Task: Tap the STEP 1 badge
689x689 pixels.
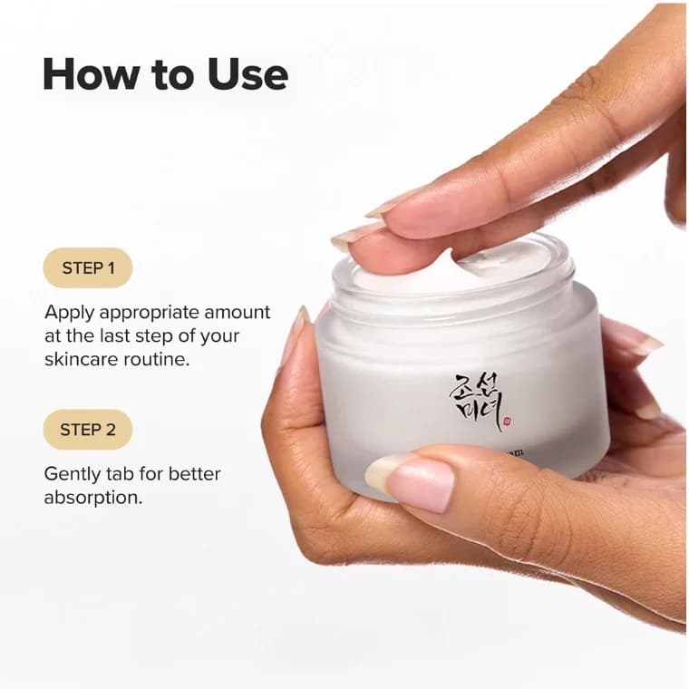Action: [x=88, y=267]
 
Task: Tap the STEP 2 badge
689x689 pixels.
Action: [x=88, y=430]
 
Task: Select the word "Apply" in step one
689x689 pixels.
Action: [x=69, y=313]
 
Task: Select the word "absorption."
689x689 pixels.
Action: [x=92, y=498]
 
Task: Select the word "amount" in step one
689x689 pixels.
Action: [x=238, y=313]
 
